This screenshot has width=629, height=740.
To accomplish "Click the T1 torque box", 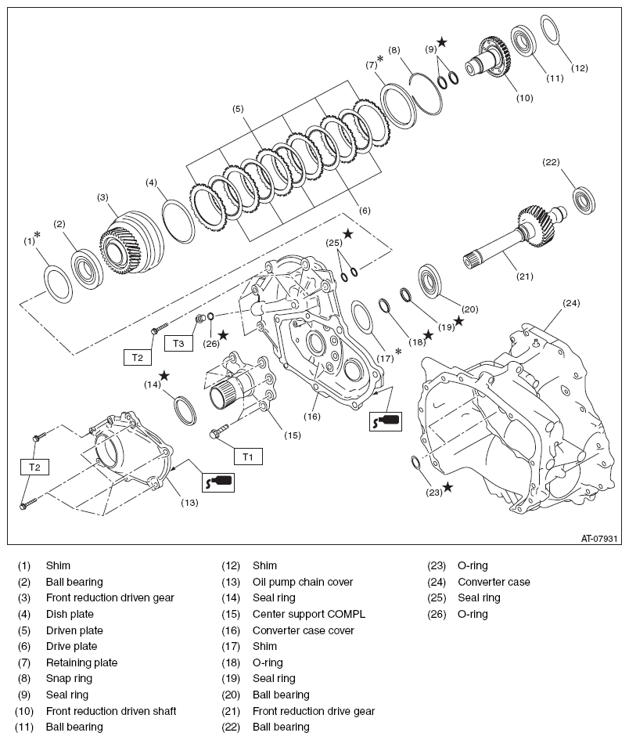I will coord(248,456).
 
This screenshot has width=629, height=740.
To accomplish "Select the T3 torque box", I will coord(178,343).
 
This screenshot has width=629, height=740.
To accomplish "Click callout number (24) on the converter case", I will coord(571,303).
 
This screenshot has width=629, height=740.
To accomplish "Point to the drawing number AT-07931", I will coord(599,538).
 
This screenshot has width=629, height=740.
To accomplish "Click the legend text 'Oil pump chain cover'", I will coord(303,582).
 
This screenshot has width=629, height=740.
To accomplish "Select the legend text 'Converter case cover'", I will coord(303,630).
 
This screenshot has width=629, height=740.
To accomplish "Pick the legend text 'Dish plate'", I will coord(68,614).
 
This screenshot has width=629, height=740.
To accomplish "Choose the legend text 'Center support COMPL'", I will coord(308,614).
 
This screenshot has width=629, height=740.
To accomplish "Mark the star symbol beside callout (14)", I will coord(164,376).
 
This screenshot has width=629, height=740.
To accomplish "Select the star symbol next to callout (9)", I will coord(442,41).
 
